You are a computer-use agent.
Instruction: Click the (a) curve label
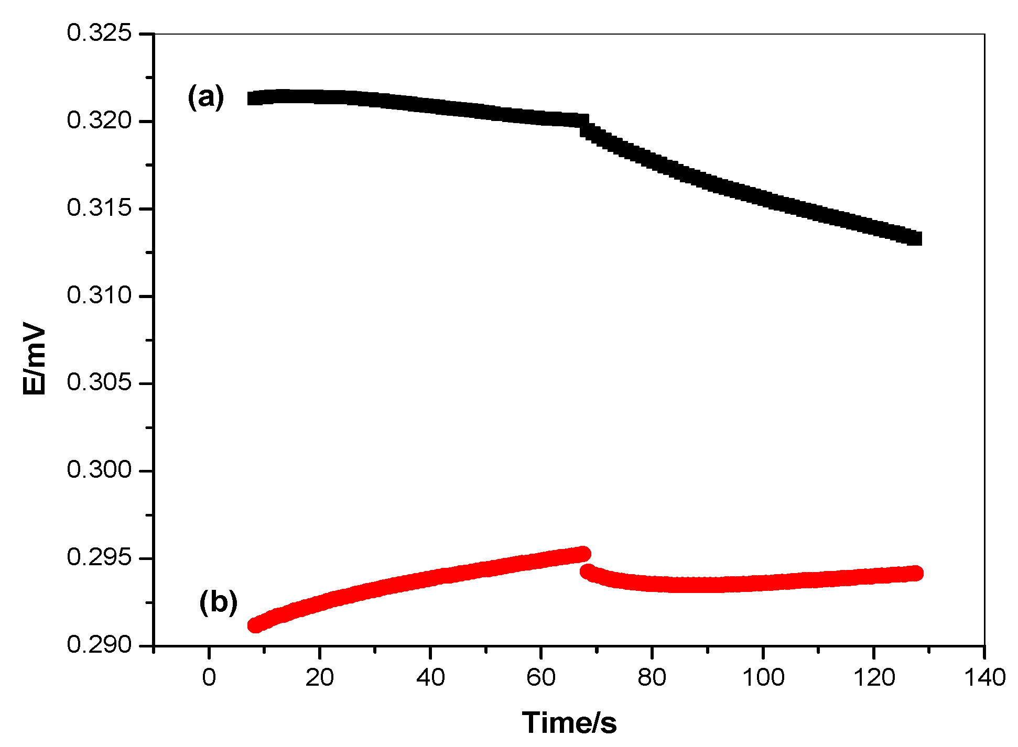pyautogui.click(x=206, y=97)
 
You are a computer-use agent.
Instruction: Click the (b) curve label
pyautogui.click(x=218, y=602)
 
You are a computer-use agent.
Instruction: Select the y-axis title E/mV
pyautogui.click(x=35, y=361)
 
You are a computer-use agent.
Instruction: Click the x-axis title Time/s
pyautogui.click(x=569, y=723)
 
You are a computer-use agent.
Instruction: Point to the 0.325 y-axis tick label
pyautogui.click(x=99, y=33)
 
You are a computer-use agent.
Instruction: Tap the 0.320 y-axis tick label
pyautogui.click(x=99, y=120)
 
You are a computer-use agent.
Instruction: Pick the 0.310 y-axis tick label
pyautogui.click(x=99, y=295)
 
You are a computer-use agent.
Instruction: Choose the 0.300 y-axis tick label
pyautogui.click(x=99, y=470)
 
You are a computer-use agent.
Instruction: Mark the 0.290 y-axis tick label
pyautogui.click(x=99, y=644)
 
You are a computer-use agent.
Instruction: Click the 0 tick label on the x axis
pyautogui.click(x=209, y=678)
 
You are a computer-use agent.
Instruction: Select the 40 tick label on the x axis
pyautogui.click(x=430, y=678)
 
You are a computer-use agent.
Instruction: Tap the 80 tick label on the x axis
pyautogui.click(x=652, y=678)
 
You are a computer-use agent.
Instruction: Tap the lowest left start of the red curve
pyautogui.click(x=255, y=625)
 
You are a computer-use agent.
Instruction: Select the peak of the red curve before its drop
pyautogui.click(x=583, y=553)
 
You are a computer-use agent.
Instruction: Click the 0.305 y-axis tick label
pyautogui.click(x=99, y=382)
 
